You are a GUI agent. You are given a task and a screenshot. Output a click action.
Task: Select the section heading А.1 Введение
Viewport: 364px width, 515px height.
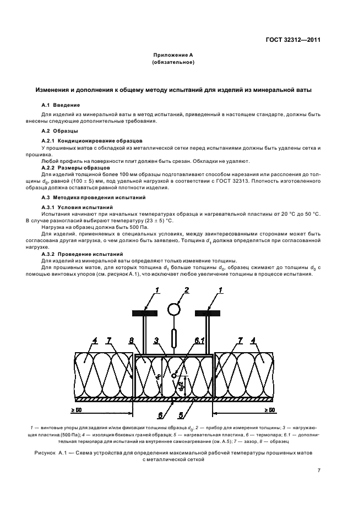pyautogui.click(x=61, y=105)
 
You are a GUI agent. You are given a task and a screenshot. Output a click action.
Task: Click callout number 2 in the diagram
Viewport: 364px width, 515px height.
pyautogui.click(x=186, y=290)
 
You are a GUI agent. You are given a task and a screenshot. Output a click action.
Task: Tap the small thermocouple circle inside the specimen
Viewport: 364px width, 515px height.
pyautogui.click(x=174, y=376)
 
